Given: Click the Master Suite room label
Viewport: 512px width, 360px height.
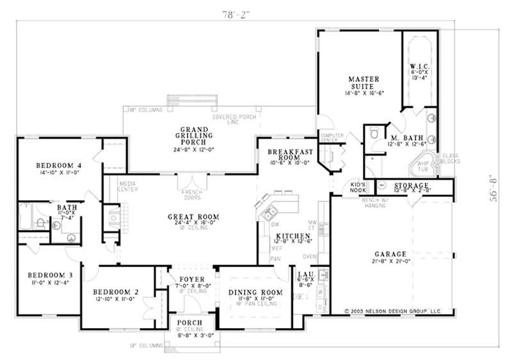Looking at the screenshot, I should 364,79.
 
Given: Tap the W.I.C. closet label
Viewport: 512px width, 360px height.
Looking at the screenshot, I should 419,67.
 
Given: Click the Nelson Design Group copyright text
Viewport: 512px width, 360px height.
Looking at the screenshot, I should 393,312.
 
